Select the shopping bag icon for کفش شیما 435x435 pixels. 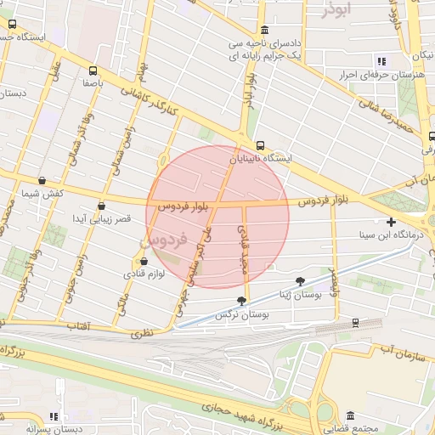coord(42,180)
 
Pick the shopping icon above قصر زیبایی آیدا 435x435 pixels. coord(102,205)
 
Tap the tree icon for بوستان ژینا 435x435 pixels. coord(300,280)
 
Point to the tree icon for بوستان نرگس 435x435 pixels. coord(242,301)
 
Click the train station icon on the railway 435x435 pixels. coord(354,323)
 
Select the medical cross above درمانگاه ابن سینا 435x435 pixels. coord(391,221)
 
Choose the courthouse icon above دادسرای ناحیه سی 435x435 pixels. coord(264,30)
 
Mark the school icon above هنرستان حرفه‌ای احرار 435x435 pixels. coord(381,61)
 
